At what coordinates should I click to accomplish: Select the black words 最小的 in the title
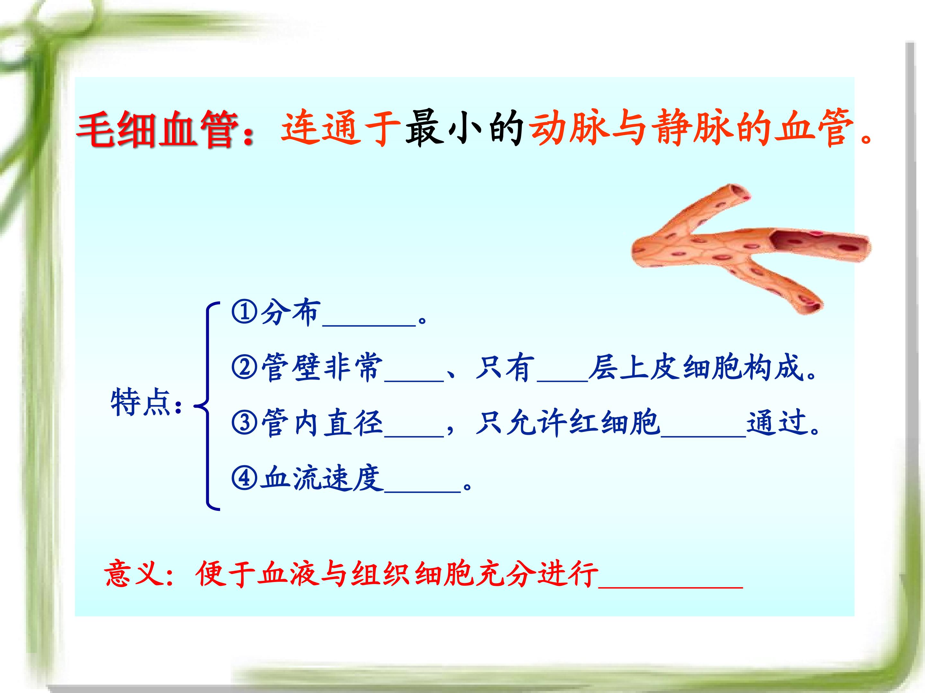pyautogui.click(x=464, y=127)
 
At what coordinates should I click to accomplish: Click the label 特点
pyautogui.click(x=140, y=402)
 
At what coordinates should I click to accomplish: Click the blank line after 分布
pyautogui.click(x=369, y=325)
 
